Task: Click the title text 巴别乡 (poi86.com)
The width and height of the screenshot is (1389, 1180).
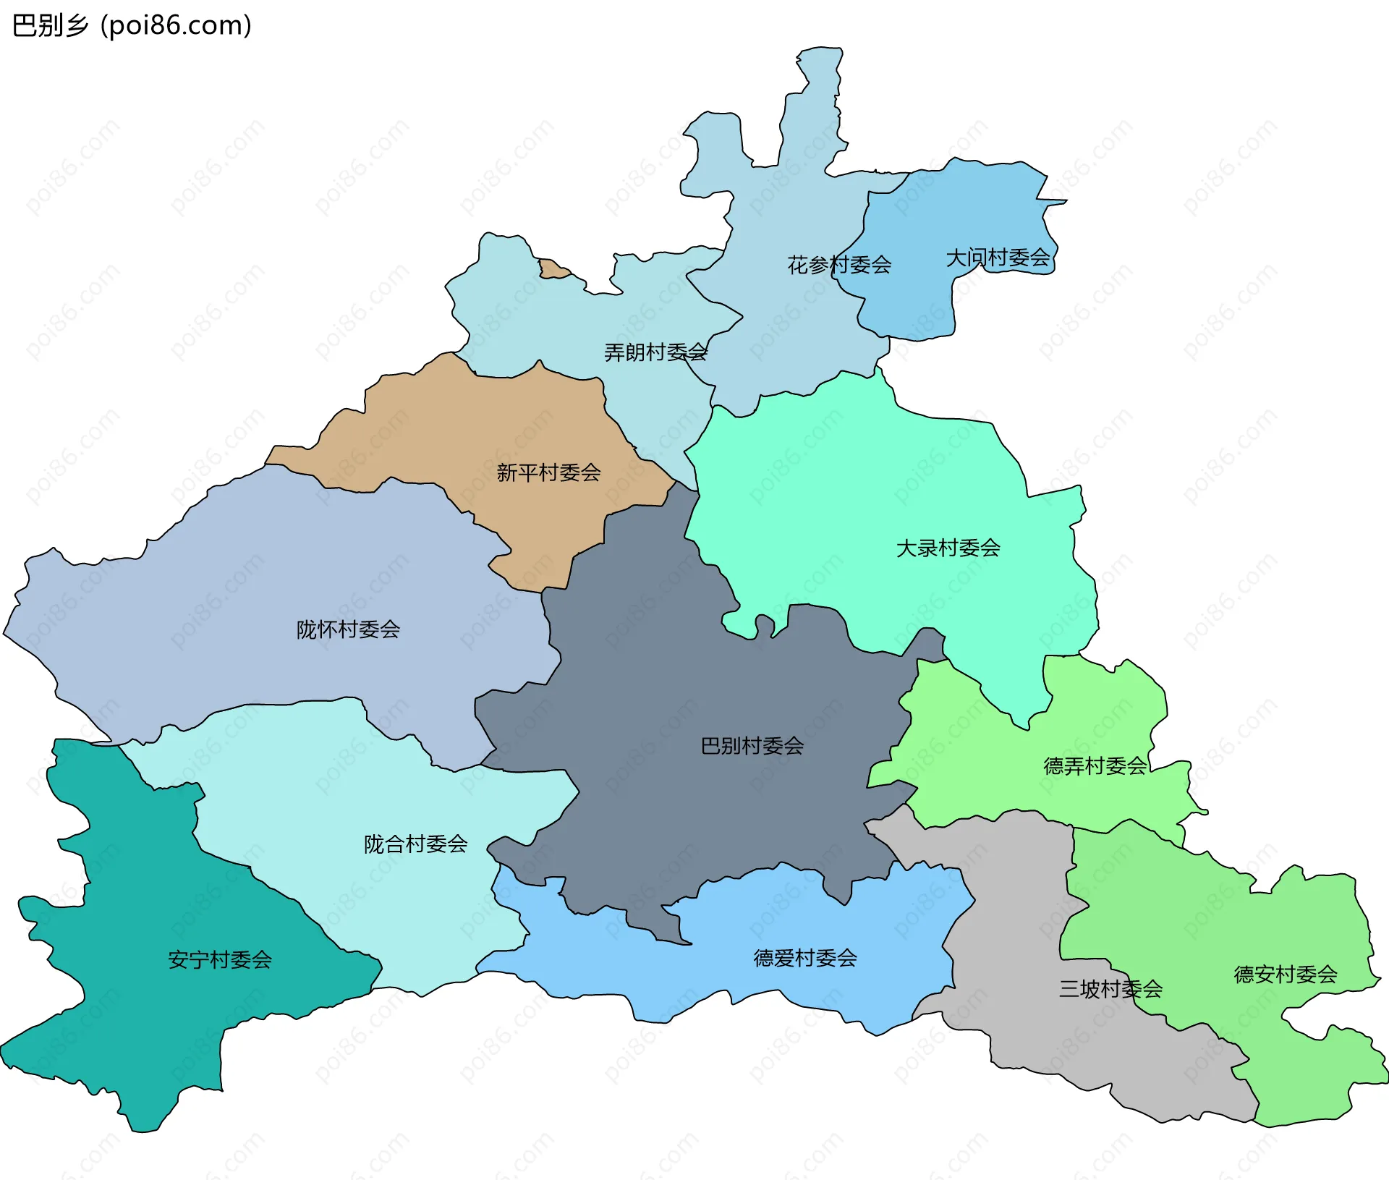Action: pyautogui.click(x=132, y=25)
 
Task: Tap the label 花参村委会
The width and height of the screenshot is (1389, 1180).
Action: pyautogui.click(x=838, y=265)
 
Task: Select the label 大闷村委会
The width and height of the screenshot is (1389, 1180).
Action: pyautogui.click(x=998, y=258)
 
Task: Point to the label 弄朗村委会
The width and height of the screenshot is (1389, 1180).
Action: pyautogui.click(x=655, y=352)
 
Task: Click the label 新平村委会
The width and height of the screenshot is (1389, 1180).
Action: pyautogui.click(x=548, y=472)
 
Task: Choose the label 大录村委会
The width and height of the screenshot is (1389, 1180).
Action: pyautogui.click(x=948, y=548)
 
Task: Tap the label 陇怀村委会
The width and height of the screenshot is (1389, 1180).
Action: pyautogui.click(x=348, y=629)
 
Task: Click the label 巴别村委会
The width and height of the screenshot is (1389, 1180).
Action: pyautogui.click(x=752, y=745)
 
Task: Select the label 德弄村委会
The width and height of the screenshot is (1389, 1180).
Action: pyautogui.click(x=1095, y=765)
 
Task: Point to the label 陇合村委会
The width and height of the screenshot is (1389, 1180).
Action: pyautogui.click(x=415, y=844)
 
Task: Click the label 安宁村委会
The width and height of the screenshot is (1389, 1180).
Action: pyautogui.click(x=220, y=960)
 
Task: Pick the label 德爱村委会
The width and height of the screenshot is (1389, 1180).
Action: pyautogui.click(x=805, y=959)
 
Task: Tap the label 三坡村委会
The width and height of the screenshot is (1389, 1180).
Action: pyautogui.click(x=1110, y=989)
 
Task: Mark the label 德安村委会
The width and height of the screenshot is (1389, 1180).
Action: pyautogui.click(x=1285, y=975)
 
